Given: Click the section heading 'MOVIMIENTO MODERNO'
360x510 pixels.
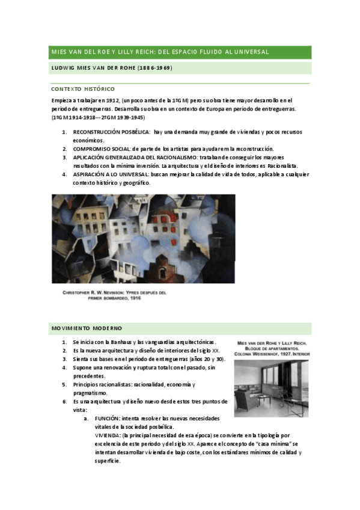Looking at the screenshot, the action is click(x=87, y=328).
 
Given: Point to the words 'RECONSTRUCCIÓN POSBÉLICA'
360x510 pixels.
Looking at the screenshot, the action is click(x=111, y=131).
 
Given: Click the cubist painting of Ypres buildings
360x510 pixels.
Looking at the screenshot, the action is click(x=143, y=238).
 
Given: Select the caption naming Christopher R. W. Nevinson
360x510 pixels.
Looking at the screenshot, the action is click(x=115, y=295).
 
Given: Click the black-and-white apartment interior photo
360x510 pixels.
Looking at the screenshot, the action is click(x=271, y=387).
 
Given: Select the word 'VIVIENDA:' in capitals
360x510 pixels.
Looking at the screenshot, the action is click(x=108, y=435).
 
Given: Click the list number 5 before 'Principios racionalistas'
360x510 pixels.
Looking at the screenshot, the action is click(x=64, y=384).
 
